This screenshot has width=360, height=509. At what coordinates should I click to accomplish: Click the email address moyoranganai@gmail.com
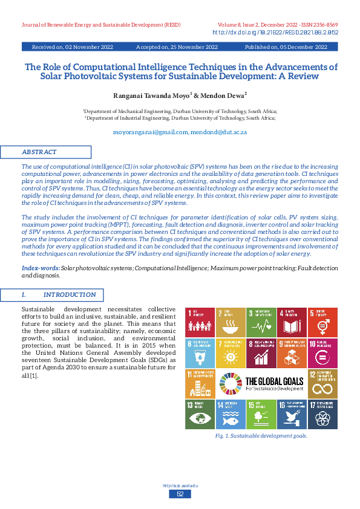point(151,131)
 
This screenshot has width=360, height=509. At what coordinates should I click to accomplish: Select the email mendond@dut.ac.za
point(219,131)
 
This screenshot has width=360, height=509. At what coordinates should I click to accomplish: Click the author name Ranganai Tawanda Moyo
point(152,96)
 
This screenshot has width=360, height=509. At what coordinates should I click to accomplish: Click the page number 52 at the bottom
point(180,494)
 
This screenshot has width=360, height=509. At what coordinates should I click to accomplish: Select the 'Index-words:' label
point(41,267)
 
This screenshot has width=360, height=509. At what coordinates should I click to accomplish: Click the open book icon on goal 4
point(292,327)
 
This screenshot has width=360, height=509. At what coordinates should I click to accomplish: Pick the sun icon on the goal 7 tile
point(231,357)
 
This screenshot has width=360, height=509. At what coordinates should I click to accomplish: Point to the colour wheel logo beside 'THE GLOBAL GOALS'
point(231,384)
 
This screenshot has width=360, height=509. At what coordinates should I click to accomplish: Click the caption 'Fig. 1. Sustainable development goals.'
point(261,435)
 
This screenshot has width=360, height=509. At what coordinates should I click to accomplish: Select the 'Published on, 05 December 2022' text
point(286,47)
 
